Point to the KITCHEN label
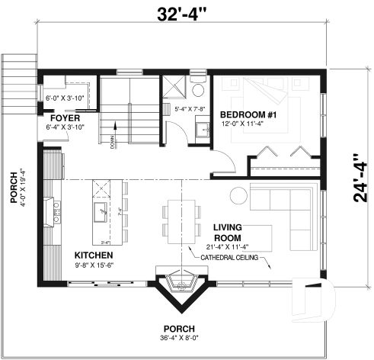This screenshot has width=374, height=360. click(x=94, y=254)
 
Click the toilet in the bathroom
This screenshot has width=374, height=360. click(x=199, y=91)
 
